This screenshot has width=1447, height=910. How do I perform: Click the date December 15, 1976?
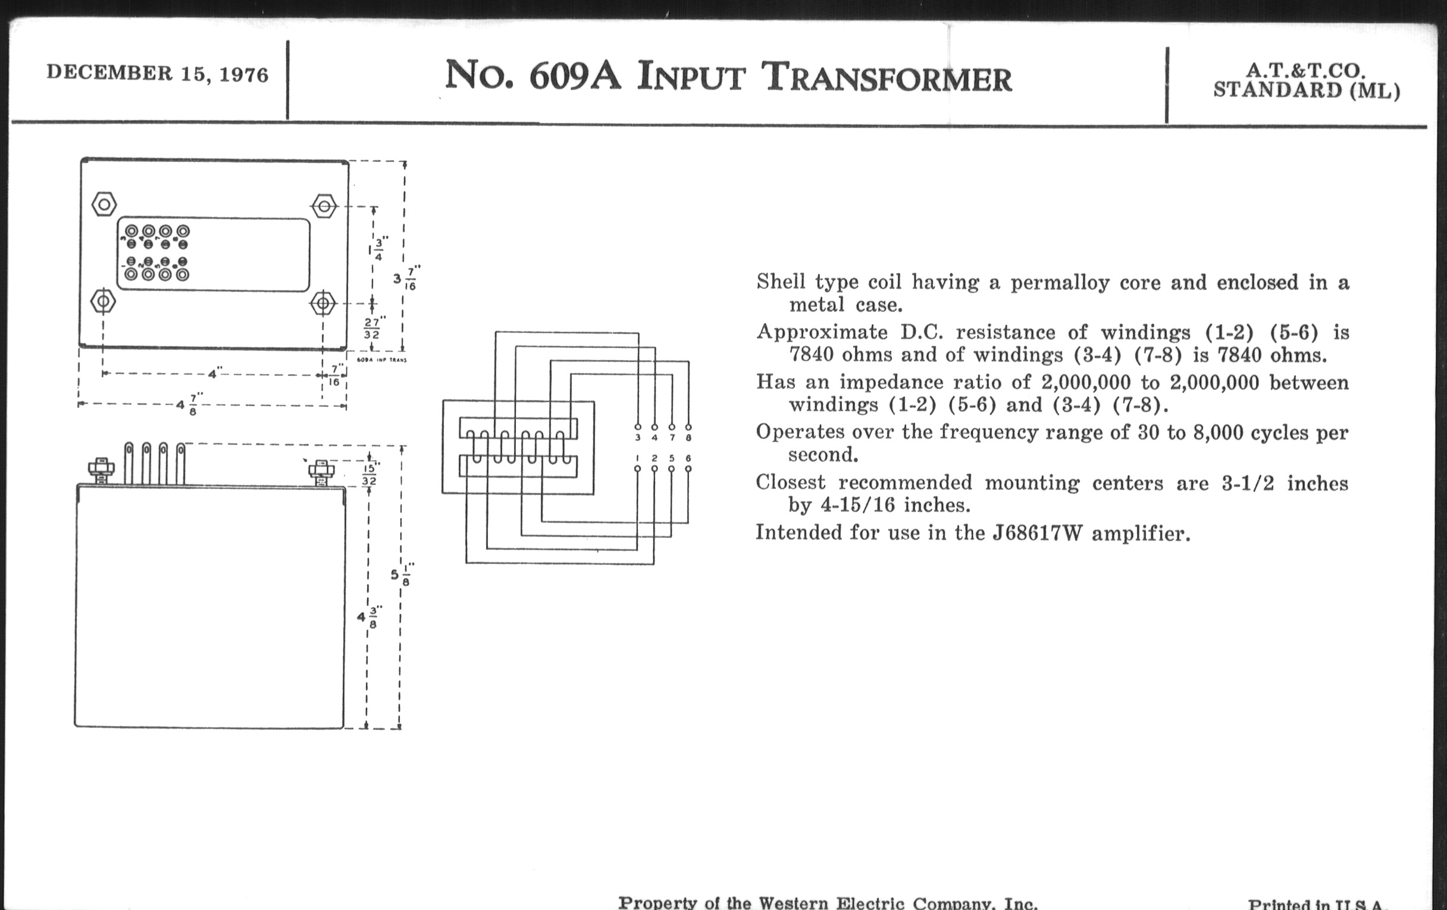[158, 73]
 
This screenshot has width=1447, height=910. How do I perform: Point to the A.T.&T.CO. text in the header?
[1306, 71]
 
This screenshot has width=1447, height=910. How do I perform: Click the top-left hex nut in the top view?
[104, 204]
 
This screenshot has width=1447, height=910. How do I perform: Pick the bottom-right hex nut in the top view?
[323, 303]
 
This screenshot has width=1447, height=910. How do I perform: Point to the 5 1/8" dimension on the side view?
[401, 574]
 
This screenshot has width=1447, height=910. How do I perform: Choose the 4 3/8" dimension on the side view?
[368, 616]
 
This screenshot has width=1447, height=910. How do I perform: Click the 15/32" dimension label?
[369, 474]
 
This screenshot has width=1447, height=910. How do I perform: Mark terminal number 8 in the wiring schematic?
[688, 437]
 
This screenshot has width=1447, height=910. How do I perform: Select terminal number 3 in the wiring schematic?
[638, 437]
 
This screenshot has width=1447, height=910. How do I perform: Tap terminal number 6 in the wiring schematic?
[688, 459]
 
